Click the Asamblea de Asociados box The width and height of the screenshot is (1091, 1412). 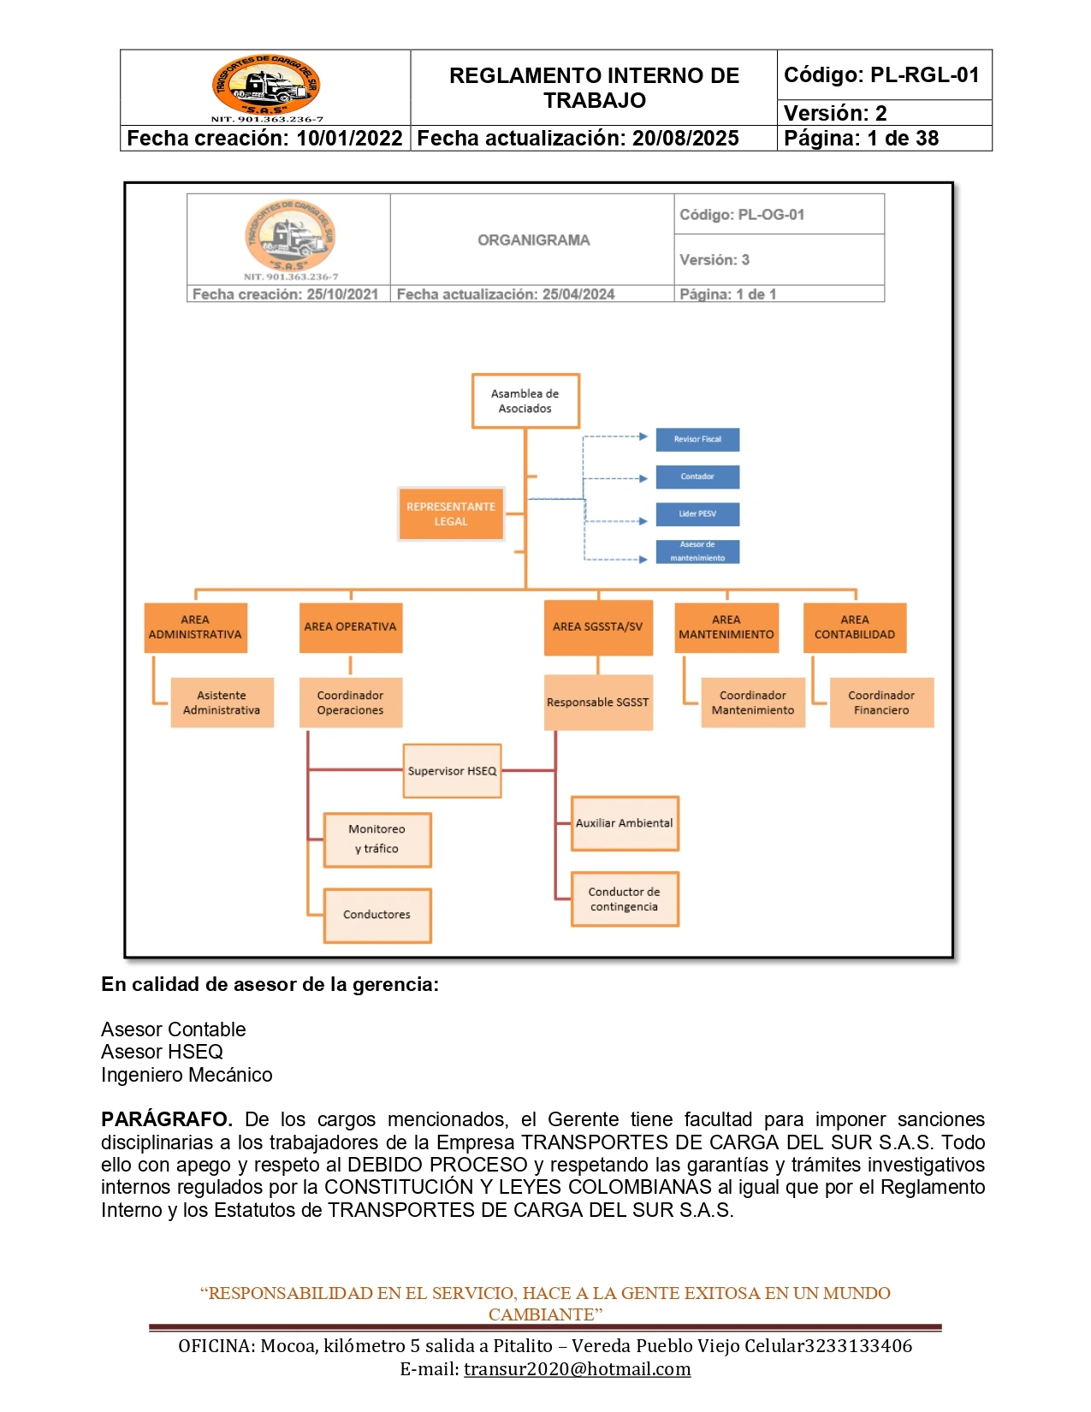click(x=525, y=401)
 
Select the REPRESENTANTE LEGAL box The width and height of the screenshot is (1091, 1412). click(x=451, y=513)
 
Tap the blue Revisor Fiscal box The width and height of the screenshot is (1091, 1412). click(x=697, y=439)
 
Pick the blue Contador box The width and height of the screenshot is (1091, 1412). click(x=697, y=477)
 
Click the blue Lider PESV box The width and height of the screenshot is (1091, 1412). click(x=697, y=514)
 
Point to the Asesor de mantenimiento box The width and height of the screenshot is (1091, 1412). click(x=697, y=551)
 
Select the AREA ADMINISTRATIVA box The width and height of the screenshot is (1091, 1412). click(x=195, y=627)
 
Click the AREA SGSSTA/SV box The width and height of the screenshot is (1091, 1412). click(x=597, y=627)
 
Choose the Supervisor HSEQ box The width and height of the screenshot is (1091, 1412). click(x=452, y=771)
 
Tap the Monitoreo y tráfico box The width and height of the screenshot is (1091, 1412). click(x=377, y=839)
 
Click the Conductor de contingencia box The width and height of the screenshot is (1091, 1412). click(x=624, y=899)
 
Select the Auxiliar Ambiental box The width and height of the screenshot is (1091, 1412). click(x=624, y=823)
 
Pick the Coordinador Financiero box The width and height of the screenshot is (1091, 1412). click(x=881, y=703)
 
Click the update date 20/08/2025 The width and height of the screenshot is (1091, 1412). click(x=685, y=139)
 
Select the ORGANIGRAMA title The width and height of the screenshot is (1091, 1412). click(x=533, y=240)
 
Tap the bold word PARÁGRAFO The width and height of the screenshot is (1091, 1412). click(x=166, y=1119)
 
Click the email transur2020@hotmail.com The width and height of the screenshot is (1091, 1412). click(x=577, y=1369)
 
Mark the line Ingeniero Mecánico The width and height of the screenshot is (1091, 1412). click(x=187, y=1075)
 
